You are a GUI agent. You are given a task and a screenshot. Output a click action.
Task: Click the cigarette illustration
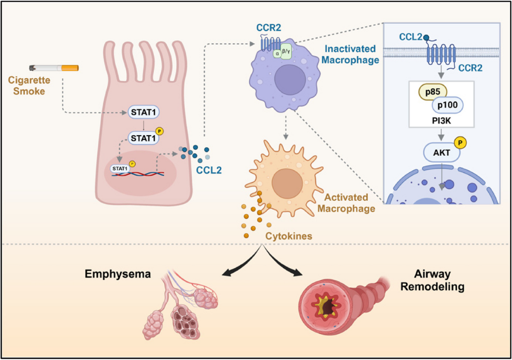[54, 68]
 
